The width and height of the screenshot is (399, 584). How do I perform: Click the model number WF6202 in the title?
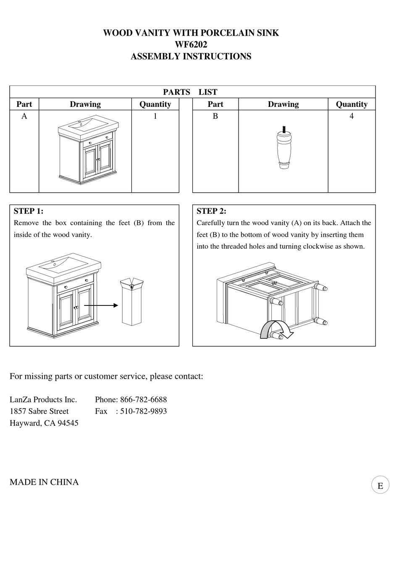coord(191,45)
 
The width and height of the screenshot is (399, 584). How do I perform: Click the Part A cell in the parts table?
coord(24,116)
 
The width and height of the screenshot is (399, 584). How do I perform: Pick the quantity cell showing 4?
coord(352,116)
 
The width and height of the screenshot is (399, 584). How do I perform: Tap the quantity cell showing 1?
coord(155,116)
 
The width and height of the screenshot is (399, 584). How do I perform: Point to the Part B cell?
coord(215,116)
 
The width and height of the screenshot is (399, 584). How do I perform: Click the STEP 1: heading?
coord(29,211)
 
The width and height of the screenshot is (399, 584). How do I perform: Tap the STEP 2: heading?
coord(211,211)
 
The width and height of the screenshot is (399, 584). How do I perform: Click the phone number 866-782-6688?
coord(143,399)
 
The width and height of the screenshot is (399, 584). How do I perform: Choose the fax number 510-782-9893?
coord(143,411)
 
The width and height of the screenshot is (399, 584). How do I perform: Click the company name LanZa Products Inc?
coord(43,399)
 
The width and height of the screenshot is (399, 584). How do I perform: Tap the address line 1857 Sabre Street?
coord(39,411)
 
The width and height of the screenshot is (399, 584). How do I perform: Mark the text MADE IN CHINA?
coord(44,482)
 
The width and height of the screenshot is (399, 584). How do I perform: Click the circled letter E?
coord(380,485)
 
